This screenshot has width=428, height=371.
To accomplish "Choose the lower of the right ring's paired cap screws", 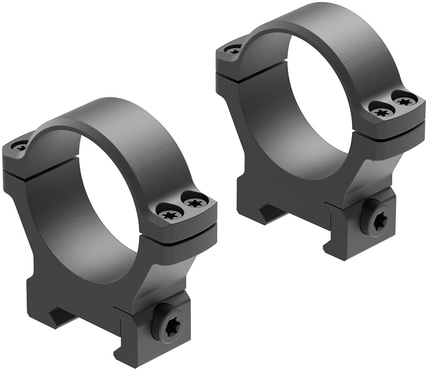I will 381,112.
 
